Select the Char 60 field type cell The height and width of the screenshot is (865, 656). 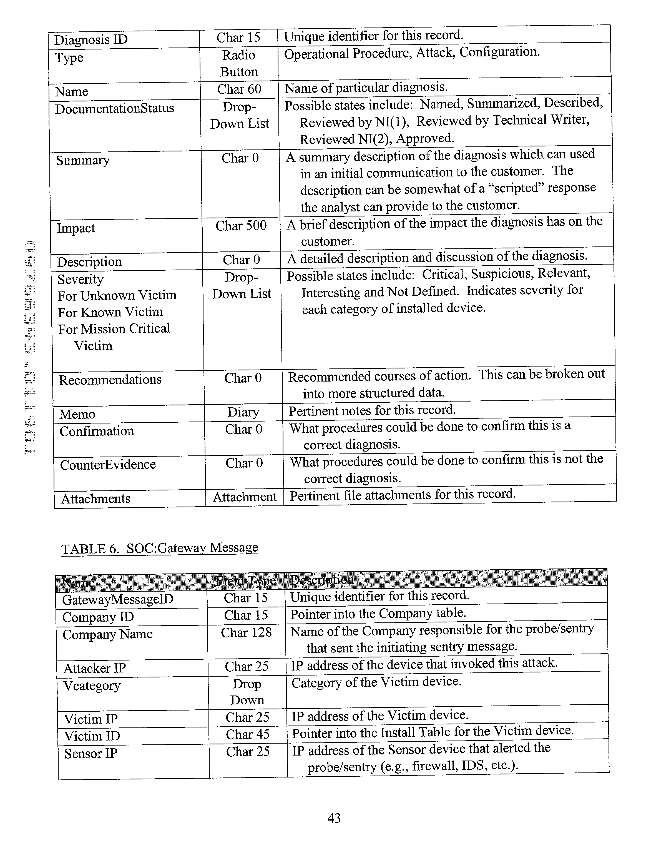pyautogui.click(x=239, y=89)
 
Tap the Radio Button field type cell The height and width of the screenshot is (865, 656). pyautogui.click(x=239, y=63)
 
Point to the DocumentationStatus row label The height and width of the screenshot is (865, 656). pyautogui.click(x=114, y=108)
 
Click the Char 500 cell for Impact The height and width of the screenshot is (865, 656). pyautogui.click(x=241, y=226)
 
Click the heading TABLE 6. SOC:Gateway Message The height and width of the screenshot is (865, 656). pyautogui.click(x=159, y=548)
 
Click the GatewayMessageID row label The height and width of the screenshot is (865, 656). pyautogui.click(x=118, y=599)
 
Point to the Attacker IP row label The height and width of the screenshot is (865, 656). pyautogui.click(x=95, y=668)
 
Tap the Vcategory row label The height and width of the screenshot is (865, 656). pyautogui.click(x=92, y=685)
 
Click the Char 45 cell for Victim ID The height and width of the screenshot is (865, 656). pyautogui.click(x=248, y=734)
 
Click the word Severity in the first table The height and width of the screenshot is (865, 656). pyautogui.click(x=81, y=279)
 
